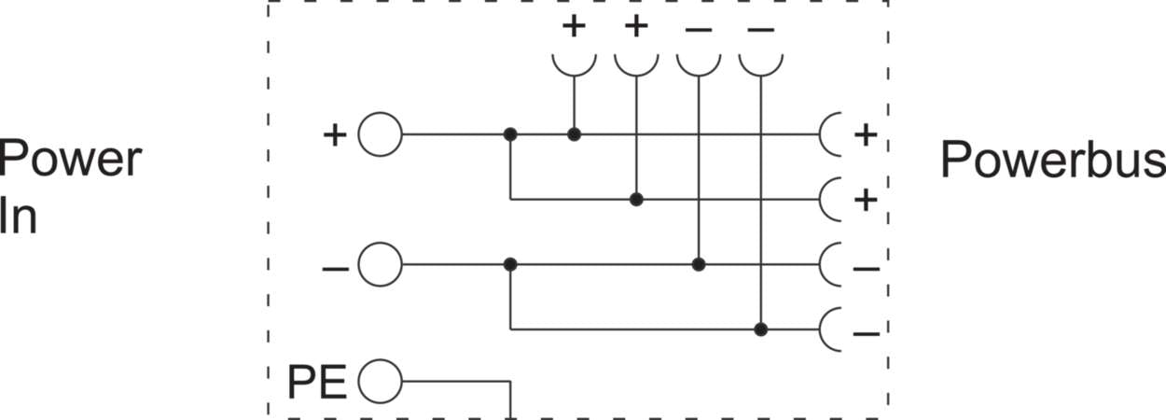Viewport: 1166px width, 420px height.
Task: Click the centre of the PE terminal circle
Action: (x=381, y=382)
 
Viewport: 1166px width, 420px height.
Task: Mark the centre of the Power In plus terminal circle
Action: (x=381, y=134)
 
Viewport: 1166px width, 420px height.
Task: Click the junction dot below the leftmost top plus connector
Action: (x=575, y=134)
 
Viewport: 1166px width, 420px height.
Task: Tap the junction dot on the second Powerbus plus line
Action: (x=636, y=199)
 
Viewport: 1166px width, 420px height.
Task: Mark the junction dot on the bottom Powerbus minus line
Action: (x=761, y=329)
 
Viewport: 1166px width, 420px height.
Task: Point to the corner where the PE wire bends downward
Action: (x=510, y=382)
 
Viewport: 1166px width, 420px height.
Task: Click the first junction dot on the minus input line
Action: (x=510, y=265)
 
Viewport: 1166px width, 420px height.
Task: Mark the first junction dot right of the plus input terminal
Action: (x=510, y=134)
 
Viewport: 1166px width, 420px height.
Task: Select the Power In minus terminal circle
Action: (x=381, y=265)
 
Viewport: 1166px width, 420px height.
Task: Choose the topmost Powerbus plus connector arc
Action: (x=830, y=134)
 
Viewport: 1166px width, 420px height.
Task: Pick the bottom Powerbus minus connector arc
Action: (x=830, y=329)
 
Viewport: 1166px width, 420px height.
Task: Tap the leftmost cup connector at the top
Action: (x=575, y=65)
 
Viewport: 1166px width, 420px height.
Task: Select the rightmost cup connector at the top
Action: (x=761, y=65)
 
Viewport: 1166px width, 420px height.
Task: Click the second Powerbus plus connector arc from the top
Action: (x=830, y=199)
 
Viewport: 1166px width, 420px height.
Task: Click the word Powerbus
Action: (x=1053, y=160)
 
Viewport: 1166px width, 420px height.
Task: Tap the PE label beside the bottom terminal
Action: (x=317, y=383)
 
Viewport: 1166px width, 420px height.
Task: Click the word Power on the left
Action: (x=70, y=159)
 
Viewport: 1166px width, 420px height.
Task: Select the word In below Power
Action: (x=19, y=216)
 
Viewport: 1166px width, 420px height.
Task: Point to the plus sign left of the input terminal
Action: (x=335, y=135)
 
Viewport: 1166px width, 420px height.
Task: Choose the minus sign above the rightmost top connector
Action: (x=761, y=30)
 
